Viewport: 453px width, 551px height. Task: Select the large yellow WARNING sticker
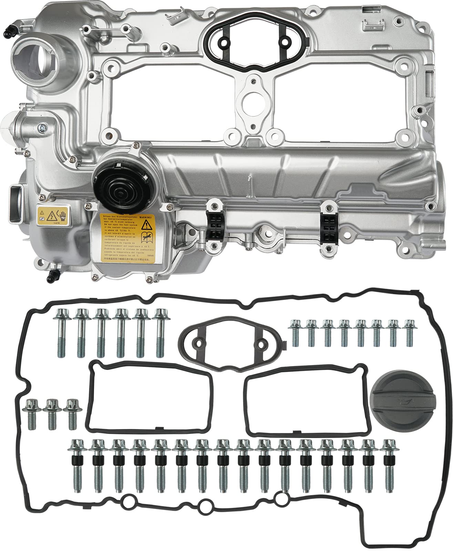pyautogui.click(x=126, y=234)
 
